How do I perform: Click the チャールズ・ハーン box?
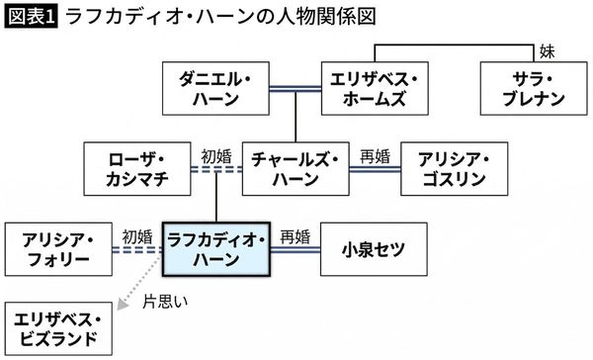(296, 167)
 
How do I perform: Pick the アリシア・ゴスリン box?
(455, 167)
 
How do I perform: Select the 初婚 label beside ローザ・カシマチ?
(214, 154)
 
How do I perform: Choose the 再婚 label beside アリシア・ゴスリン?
(376, 154)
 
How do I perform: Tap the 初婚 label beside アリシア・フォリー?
(136, 235)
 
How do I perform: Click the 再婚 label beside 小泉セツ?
(295, 235)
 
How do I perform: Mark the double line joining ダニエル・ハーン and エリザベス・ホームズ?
(294, 87)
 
